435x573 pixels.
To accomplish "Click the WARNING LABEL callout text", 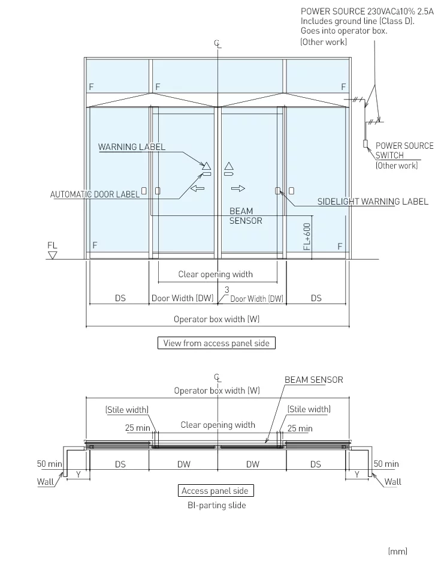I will point(132,147).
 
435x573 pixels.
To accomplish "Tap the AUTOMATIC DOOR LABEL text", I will point(94,194).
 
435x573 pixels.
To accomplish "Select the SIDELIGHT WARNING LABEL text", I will point(373,202).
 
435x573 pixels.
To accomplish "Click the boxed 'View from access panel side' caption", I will point(216,343).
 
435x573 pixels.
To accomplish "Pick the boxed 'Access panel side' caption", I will point(215,491).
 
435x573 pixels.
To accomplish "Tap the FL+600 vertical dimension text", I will point(307,236).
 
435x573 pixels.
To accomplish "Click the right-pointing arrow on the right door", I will point(238,188).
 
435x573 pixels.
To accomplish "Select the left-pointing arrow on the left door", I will point(197,188).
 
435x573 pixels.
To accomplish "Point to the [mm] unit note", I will point(398,551).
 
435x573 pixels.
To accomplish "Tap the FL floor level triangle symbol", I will point(52,255).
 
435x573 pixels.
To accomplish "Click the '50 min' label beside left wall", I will point(48,464).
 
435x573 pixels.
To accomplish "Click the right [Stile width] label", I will point(309,409).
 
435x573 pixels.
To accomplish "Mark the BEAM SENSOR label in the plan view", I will point(313,380).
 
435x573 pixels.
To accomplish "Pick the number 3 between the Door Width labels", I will point(226,290).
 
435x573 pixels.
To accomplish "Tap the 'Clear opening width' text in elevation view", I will point(215,274).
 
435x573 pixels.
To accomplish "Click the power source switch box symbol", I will point(364,143).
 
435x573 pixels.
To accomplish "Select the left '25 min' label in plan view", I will point(137,428).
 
